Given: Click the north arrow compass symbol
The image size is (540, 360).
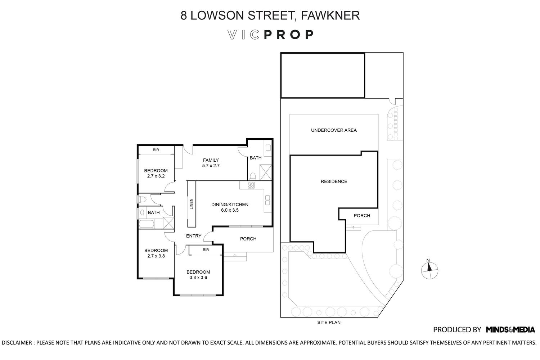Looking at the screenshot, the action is point(429,270).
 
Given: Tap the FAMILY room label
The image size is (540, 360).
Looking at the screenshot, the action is point(211,160).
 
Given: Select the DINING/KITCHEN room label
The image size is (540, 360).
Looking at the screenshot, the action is point(230,204).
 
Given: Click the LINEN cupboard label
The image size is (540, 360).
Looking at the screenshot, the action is point(192,204).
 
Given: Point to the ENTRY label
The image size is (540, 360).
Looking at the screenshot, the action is point(194,236).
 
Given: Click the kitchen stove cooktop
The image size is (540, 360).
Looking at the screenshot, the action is point(251,185).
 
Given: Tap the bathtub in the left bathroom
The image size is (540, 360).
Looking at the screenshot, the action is point(146,224).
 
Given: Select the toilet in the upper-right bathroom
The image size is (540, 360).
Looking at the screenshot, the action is point(253,176).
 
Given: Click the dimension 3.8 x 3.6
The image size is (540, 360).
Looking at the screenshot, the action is point(198,278).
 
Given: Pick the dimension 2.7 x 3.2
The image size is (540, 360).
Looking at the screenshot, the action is point(156,176).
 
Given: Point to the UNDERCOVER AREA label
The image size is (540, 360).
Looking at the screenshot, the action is point(334,130).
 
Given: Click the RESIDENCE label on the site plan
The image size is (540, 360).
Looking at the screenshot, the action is point(334,181).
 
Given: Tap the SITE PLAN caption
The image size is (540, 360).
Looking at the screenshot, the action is point(329,322).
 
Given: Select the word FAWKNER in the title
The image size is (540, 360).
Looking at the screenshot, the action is point(330,15).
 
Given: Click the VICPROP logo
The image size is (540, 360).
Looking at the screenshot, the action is point(270,35).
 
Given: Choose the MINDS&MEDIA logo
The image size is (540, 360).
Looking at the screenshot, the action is point(510,330).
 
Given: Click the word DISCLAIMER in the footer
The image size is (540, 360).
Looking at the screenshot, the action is point(17,343).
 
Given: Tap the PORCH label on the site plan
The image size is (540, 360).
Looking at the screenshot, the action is point(362,216).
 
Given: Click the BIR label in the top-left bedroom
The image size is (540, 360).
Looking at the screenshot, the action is point(156,150).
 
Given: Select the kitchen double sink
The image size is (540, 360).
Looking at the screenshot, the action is point(267,200).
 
